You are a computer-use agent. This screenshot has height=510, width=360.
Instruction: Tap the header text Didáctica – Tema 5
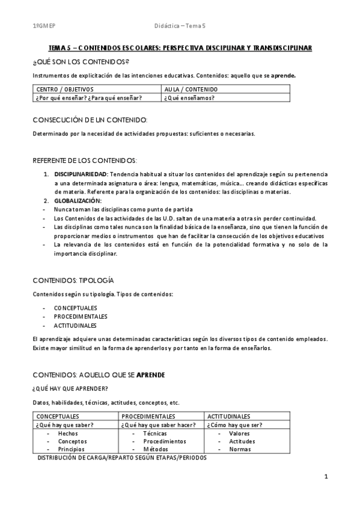tap(180, 26)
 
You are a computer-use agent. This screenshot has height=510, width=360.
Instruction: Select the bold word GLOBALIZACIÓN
tap(78, 200)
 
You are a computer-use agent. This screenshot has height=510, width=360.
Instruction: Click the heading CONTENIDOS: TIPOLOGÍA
tap(73, 280)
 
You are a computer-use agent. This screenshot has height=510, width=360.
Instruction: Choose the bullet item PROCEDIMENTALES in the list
tap(81, 316)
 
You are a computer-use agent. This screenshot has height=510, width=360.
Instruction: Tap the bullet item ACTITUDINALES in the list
tap(75, 325)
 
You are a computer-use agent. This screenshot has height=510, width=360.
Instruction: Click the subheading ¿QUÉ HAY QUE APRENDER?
tap(70, 388)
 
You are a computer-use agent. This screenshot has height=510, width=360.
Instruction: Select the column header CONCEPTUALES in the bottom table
tap(58, 416)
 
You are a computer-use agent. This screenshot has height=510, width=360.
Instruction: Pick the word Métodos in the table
tap(156, 449)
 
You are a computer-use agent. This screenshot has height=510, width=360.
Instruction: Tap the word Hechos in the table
tap(68, 433)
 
